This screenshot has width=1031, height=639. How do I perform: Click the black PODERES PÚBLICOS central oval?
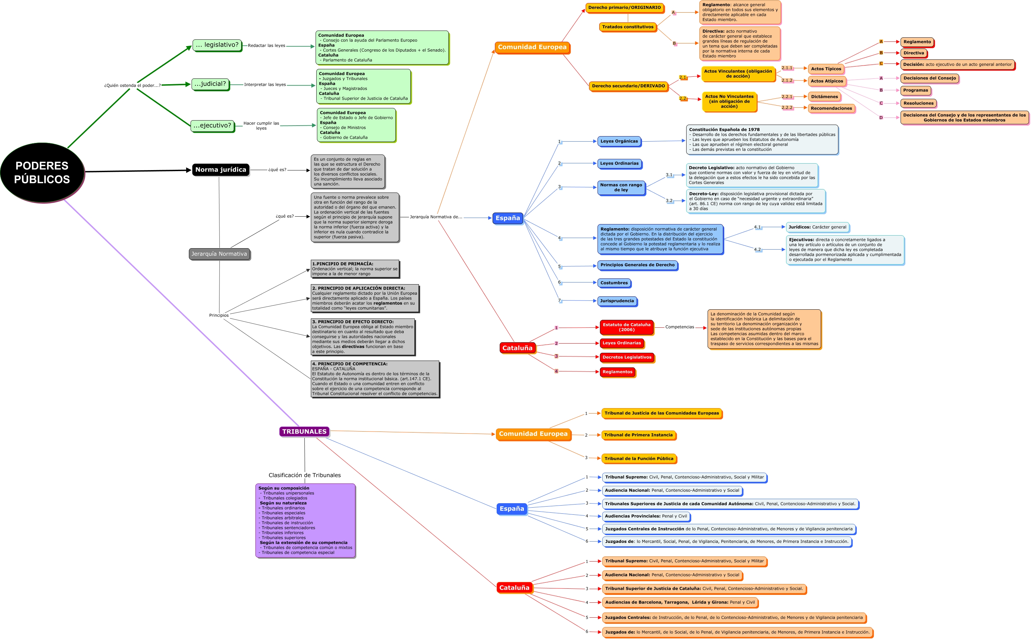point(42,172)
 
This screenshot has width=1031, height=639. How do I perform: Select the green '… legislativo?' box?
point(217,45)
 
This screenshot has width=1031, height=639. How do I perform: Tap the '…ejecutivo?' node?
point(212,126)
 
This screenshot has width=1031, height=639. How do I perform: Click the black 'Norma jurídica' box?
point(220,169)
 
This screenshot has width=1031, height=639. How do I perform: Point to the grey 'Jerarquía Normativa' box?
point(219,254)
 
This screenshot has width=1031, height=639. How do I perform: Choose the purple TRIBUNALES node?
point(304,432)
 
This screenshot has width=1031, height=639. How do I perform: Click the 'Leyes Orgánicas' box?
point(619,141)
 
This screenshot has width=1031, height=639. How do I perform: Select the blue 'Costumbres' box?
point(614,283)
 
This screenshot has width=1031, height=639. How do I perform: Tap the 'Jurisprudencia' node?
point(617,301)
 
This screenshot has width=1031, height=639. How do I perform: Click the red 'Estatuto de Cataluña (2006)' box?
point(626,327)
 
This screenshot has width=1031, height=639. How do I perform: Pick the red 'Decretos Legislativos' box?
point(626,357)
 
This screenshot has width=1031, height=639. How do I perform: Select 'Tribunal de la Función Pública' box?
point(638,459)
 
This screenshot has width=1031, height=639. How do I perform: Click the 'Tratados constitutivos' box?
point(627,26)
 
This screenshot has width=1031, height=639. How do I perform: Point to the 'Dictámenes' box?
point(824,97)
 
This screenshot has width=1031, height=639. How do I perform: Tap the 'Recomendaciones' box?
point(831,108)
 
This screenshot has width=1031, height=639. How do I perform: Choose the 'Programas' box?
point(915,90)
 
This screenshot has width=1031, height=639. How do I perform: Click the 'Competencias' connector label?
point(679,327)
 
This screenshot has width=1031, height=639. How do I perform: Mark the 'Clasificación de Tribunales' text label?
point(304,475)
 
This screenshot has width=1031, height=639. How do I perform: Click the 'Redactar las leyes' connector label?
point(266,45)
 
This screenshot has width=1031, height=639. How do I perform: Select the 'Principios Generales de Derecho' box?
point(637,265)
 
